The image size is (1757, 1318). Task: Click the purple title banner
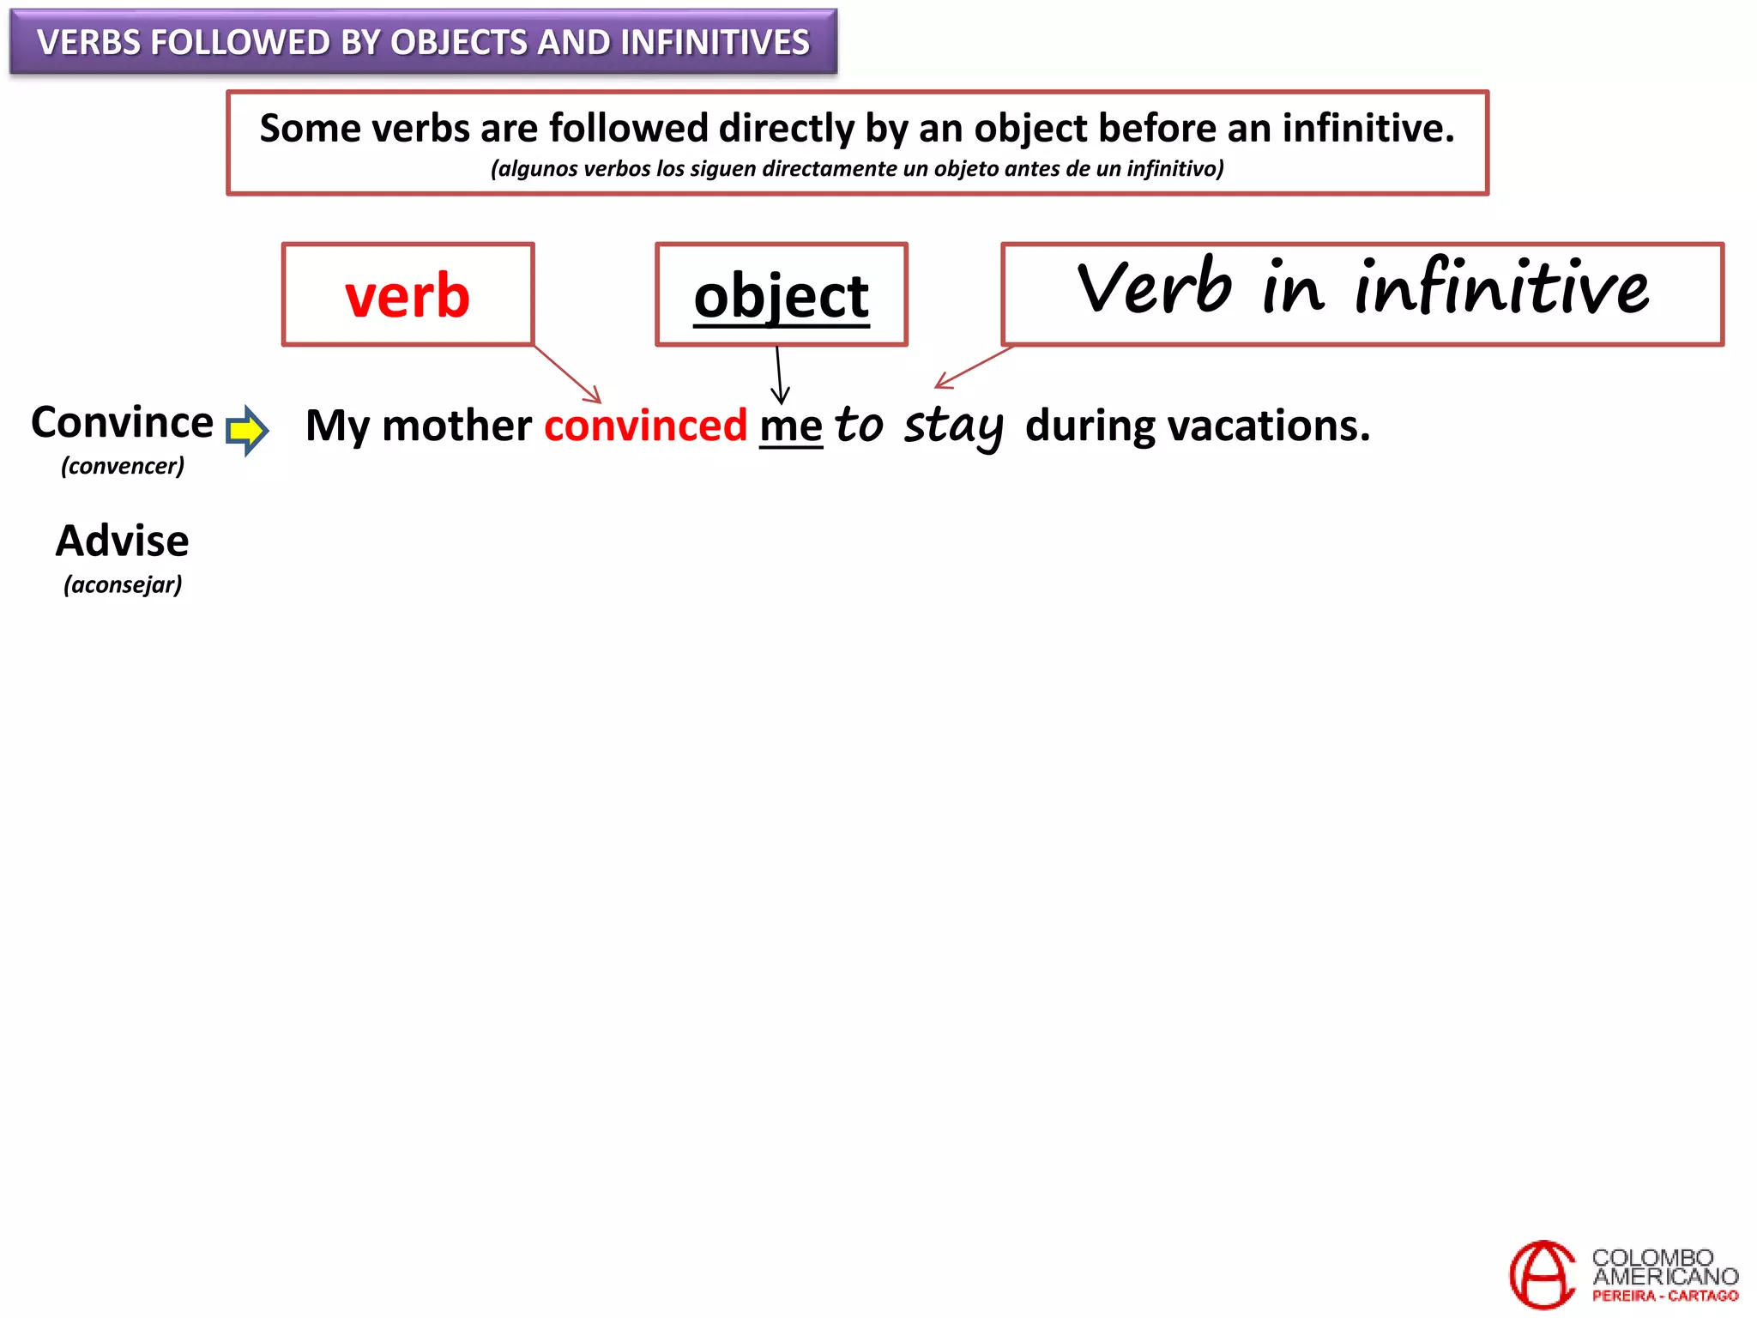click(x=423, y=42)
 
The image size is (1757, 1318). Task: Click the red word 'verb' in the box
click(x=408, y=295)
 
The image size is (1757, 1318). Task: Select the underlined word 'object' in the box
click(x=782, y=295)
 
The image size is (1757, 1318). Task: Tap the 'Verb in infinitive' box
click(x=1362, y=293)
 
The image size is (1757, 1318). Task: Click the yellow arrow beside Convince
click(x=247, y=429)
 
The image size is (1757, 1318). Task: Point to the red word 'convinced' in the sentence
click(x=645, y=426)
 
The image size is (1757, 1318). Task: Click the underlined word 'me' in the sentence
click(x=790, y=426)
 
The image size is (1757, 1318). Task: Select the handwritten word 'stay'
click(x=953, y=426)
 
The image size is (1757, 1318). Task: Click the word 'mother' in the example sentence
click(x=456, y=426)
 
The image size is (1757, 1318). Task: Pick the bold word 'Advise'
click(x=123, y=541)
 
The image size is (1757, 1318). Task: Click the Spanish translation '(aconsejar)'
click(x=123, y=585)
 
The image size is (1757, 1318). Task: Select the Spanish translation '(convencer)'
click(x=123, y=466)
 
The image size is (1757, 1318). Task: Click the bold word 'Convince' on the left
click(x=122, y=422)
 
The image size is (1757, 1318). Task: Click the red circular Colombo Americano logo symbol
click(x=1542, y=1275)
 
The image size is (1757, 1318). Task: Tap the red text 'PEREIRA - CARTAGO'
click(x=1664, y=1296)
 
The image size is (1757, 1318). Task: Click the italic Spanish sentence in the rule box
click(x=857, y=169)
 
